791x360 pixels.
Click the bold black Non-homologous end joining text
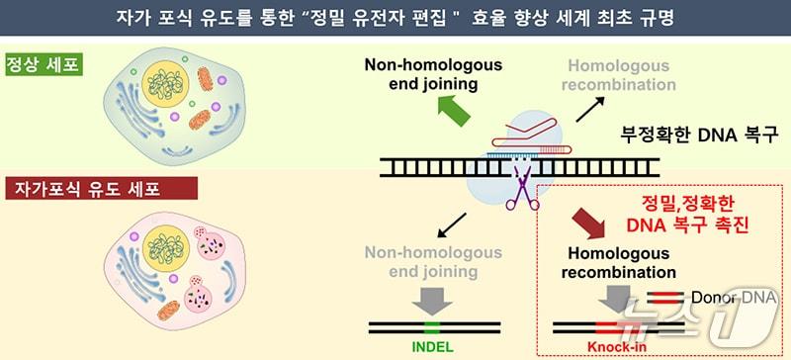[433, 75]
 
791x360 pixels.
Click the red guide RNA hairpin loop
[530, 128]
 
